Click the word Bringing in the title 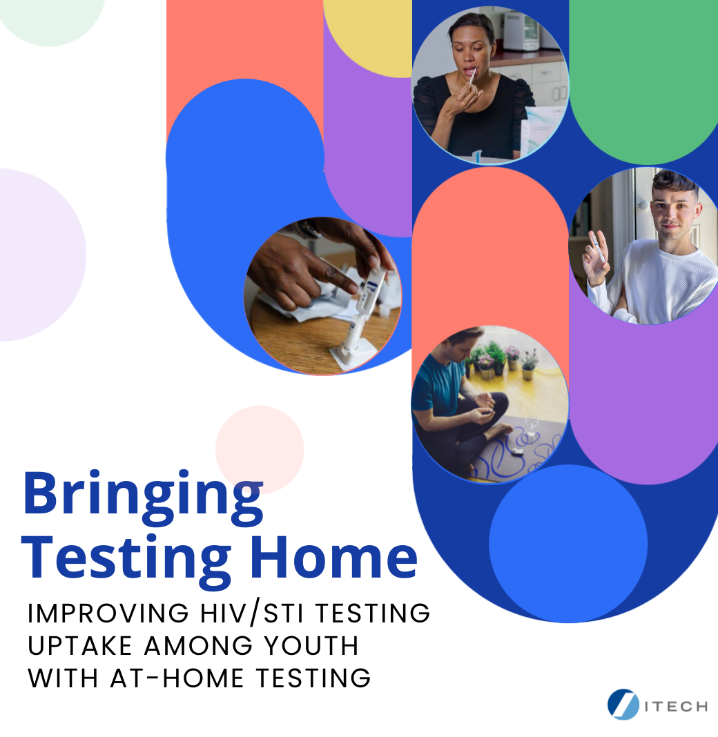click(x=143, y=498)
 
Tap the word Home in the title click(x=334, y=558)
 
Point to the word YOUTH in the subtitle click(x=311, y=646)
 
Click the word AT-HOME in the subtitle click(x=177, y=678)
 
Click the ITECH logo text click(x=676, y=707)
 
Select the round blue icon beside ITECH click(x=623, y=704)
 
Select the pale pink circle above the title click(x=260, y=449)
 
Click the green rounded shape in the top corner click(x=643, y=75)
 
